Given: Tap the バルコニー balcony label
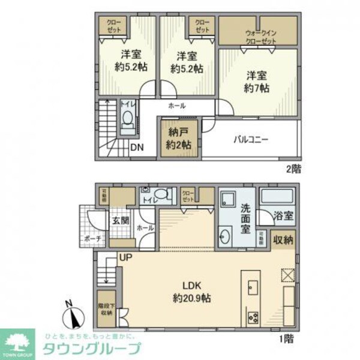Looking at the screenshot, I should [x=250, y=140].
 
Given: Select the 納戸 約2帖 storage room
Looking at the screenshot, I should [x=179, y=139].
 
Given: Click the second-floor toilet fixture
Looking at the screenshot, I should [x=128, y=124].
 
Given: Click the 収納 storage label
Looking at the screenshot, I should [x=284, y=239].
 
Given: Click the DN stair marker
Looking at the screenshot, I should [x=137, y=146].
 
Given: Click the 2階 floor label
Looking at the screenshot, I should [x=293, y=169].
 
